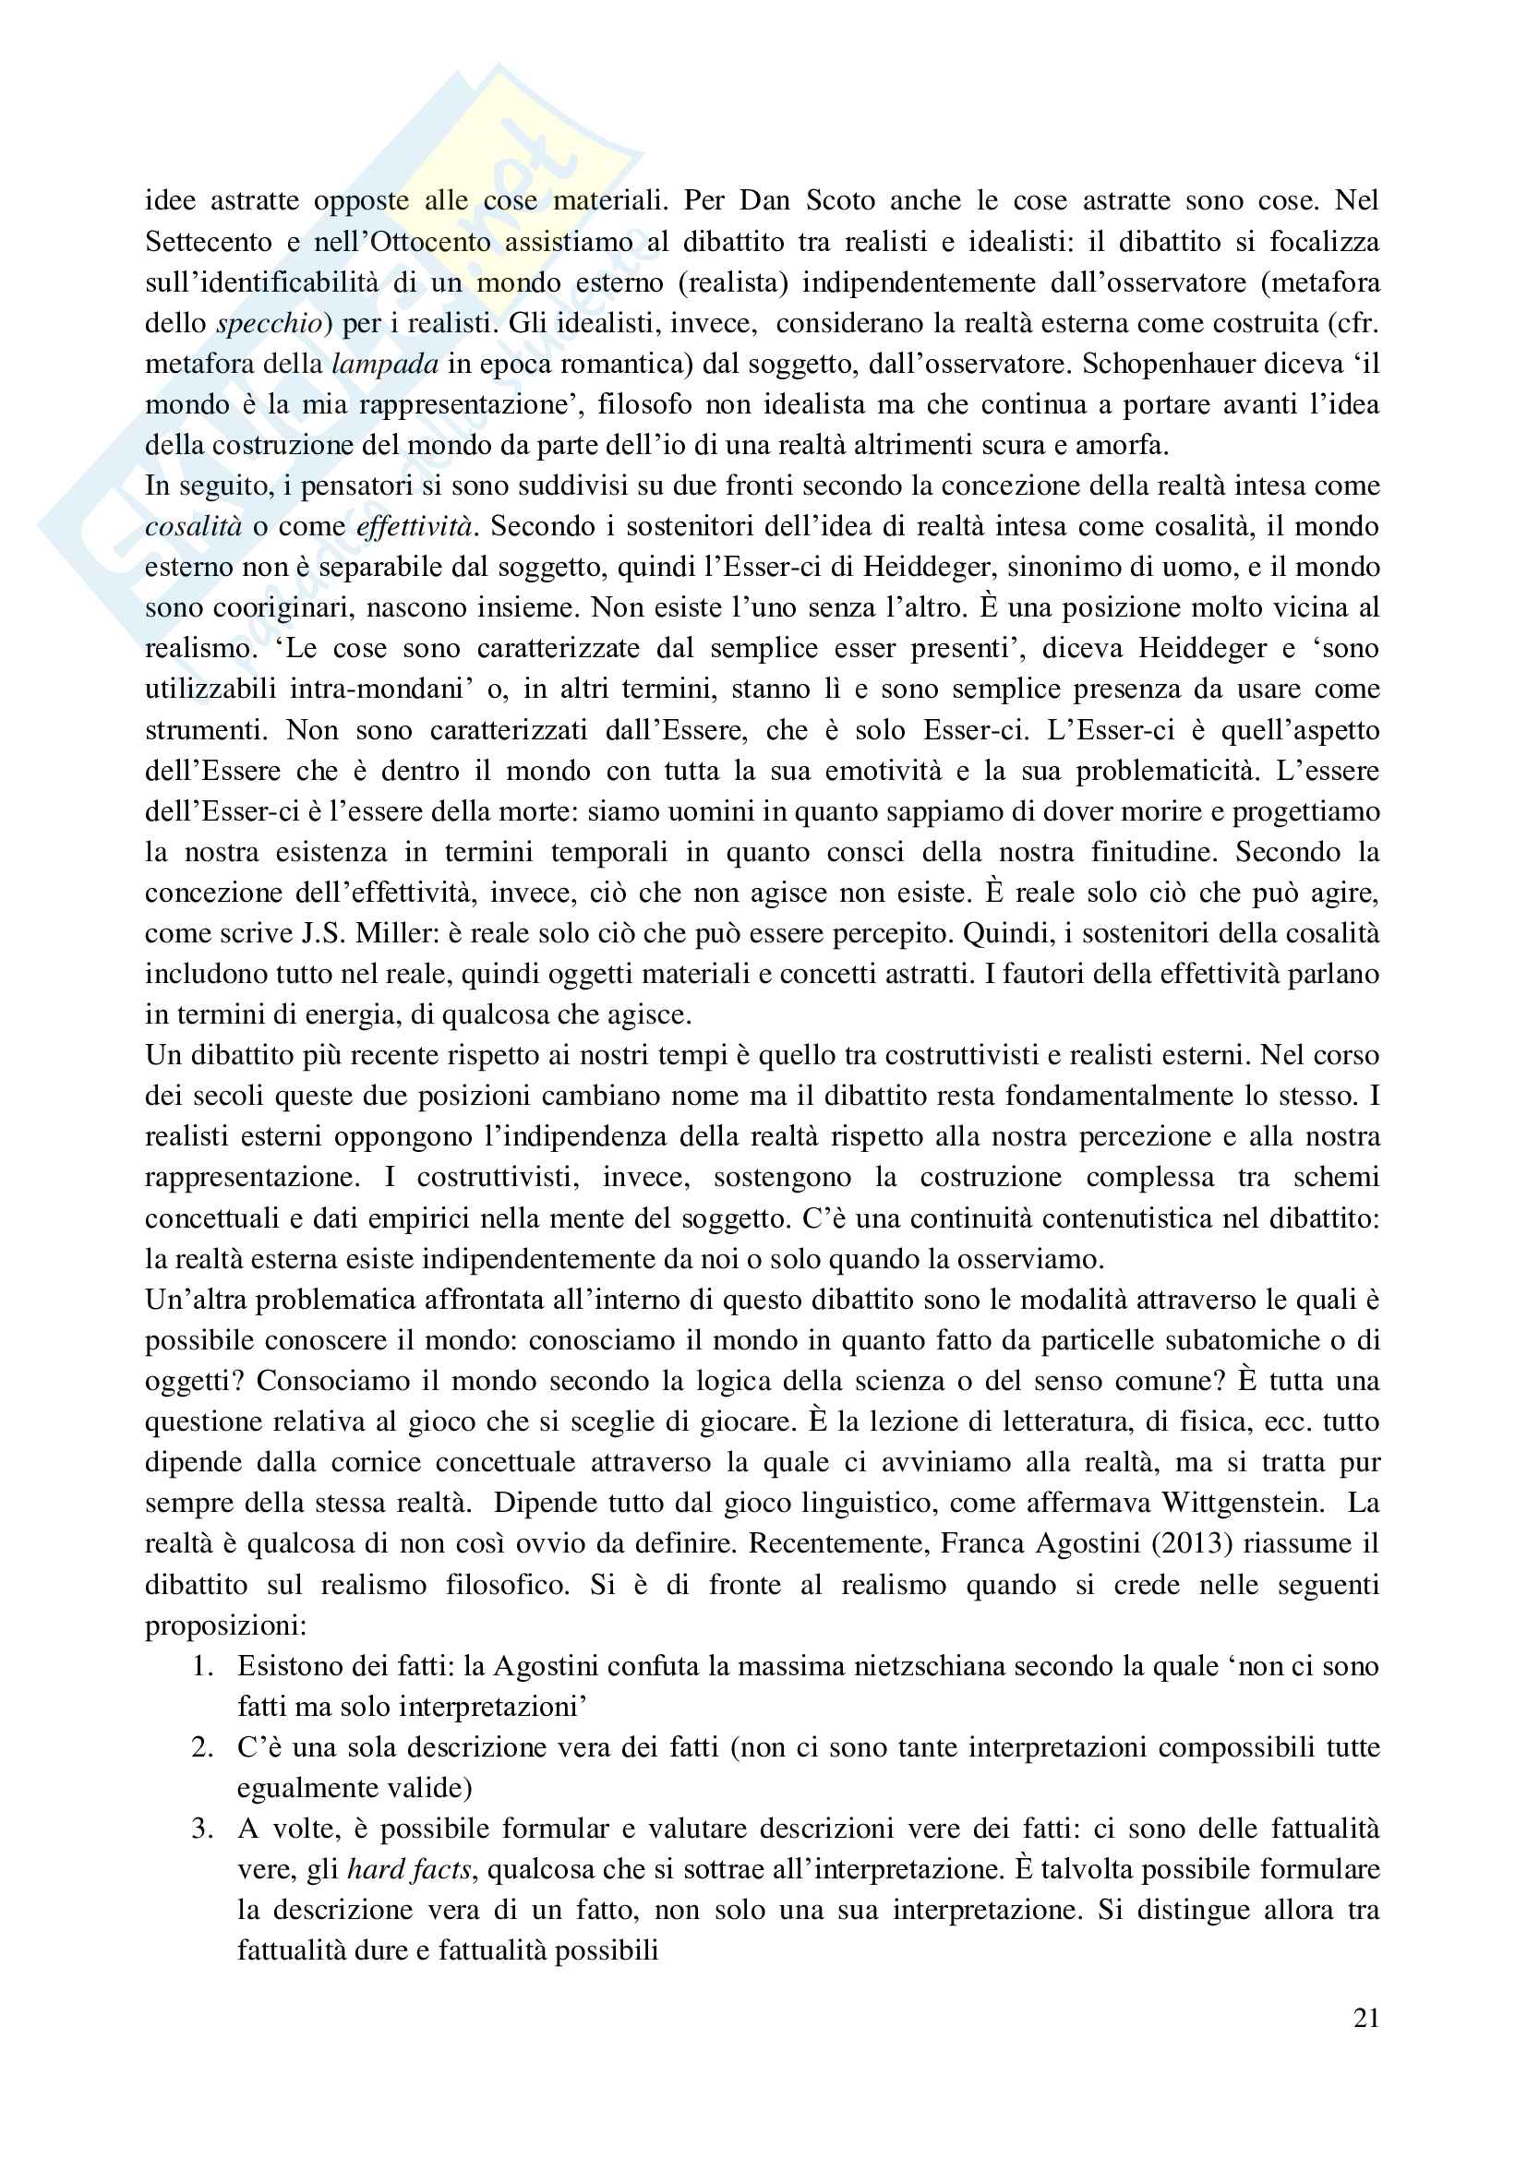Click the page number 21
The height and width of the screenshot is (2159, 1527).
[x=1366, y=2018]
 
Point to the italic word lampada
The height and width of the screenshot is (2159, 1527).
[x=386, y=364]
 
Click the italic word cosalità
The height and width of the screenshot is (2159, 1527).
[x=194, y=526]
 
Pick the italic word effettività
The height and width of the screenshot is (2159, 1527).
[x=414, y=526]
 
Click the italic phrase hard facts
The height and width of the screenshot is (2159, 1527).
[x=409, y=1869]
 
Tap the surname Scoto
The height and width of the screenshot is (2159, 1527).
[x=841, y=200]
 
